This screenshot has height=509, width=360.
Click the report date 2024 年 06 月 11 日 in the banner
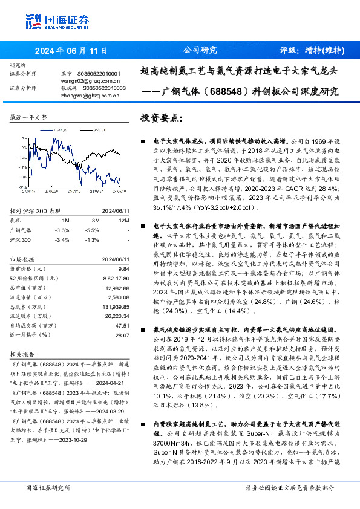tap(71, 51)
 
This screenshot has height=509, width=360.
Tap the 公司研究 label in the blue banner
tap(200, 50)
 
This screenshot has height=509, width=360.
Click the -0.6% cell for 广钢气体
tap(62, 230)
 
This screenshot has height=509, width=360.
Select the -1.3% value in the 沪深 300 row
tap(93, 239)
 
